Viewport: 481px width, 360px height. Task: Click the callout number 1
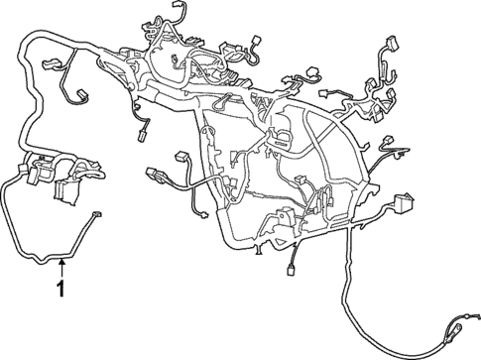click(61, 292)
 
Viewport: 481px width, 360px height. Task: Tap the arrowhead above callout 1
click(61, 263)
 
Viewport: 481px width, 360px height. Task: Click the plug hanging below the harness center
click(294, 268)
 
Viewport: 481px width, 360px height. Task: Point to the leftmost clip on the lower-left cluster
click(21, 170)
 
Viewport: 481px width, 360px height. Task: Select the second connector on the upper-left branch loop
click(76, 96)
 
